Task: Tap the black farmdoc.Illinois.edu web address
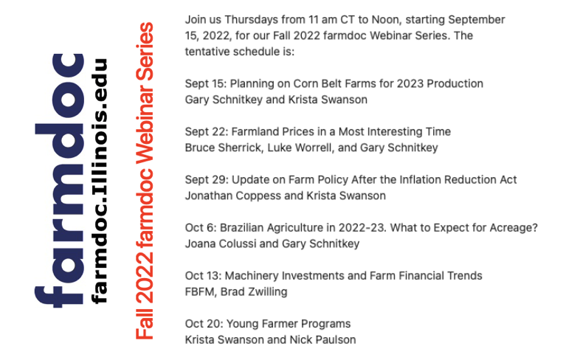pos(99,180)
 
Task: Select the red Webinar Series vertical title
pos(145,181)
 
